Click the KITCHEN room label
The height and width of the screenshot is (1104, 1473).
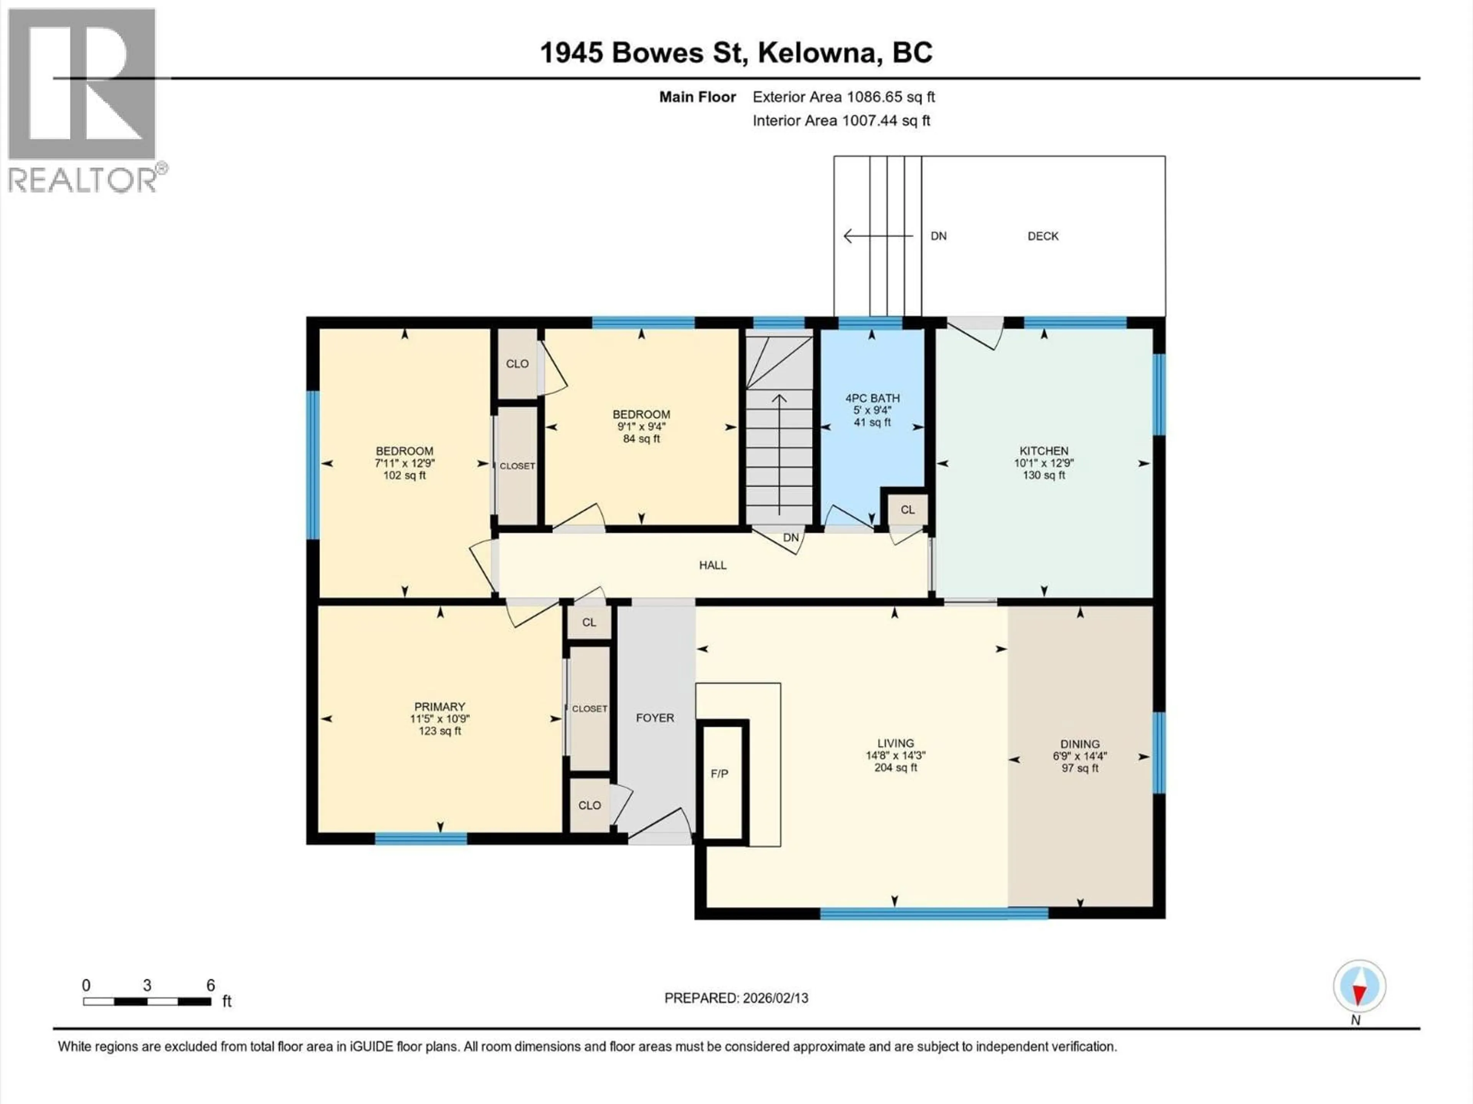1043,450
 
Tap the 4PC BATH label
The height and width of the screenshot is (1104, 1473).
872,398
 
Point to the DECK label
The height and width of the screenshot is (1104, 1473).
1043,236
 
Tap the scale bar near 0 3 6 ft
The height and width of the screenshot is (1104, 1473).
147,1001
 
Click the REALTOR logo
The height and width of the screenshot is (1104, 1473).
82,100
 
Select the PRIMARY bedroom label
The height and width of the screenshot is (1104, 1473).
440,707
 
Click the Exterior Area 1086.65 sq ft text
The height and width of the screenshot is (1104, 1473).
843,97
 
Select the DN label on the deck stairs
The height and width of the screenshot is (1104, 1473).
938,236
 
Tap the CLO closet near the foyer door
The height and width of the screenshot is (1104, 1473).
589,805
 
